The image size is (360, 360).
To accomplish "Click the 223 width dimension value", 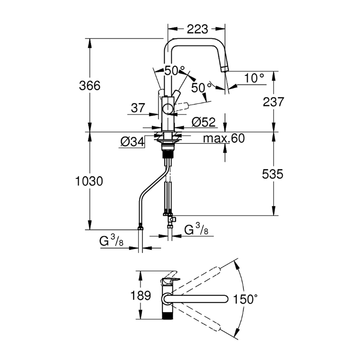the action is click(197, 29).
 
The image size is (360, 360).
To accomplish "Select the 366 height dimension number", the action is click(90, 85).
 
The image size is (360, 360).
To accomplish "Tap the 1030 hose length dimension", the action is click(89, 181).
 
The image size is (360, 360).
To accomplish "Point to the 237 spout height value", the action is click(273, 102).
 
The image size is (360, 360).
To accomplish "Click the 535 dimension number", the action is click(273, 174).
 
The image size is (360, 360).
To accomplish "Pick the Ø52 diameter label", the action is click(204, 122).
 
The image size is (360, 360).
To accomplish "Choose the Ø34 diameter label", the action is click(132, 142).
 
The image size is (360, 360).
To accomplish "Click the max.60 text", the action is click(224, 138).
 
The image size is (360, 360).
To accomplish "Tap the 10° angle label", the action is click(254, 78).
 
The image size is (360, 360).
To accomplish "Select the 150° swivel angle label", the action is click(245, 299).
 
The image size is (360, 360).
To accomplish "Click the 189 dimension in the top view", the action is click(140, 295).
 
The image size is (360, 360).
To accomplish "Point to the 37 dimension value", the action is click(138, 108).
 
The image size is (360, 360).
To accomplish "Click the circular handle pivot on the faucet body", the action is click(168, 109).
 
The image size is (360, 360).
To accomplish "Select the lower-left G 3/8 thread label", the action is click(111, 241).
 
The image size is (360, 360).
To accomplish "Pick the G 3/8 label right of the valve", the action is click(197, 229).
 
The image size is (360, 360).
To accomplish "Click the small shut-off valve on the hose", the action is click(172, 220).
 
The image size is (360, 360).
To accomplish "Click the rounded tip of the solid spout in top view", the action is click(225, 299).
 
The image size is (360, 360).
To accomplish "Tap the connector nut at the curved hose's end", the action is click(140, 228).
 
